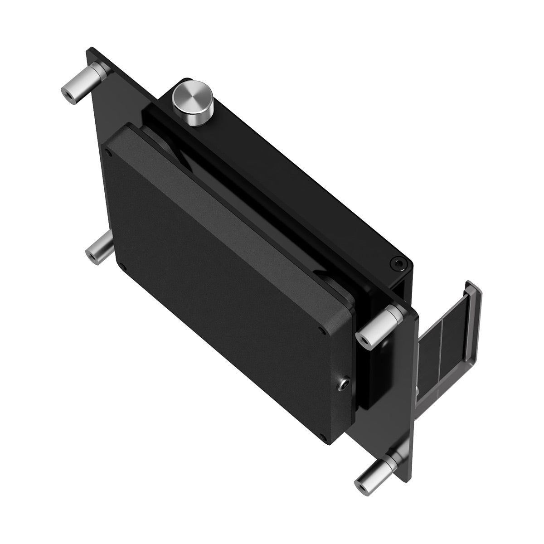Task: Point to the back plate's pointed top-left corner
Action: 89,48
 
